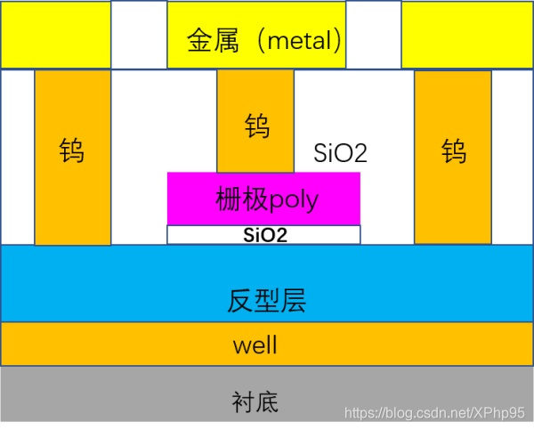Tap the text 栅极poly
click(x=267, y=199)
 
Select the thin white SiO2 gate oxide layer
click(x=196, y=235)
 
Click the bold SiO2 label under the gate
click(x=264, y=235)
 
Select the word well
click(x=255, y=345)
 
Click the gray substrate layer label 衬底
click(x=255, y=402)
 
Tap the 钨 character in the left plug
click(x=73, y=150)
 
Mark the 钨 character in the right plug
click(x=453, y=150)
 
